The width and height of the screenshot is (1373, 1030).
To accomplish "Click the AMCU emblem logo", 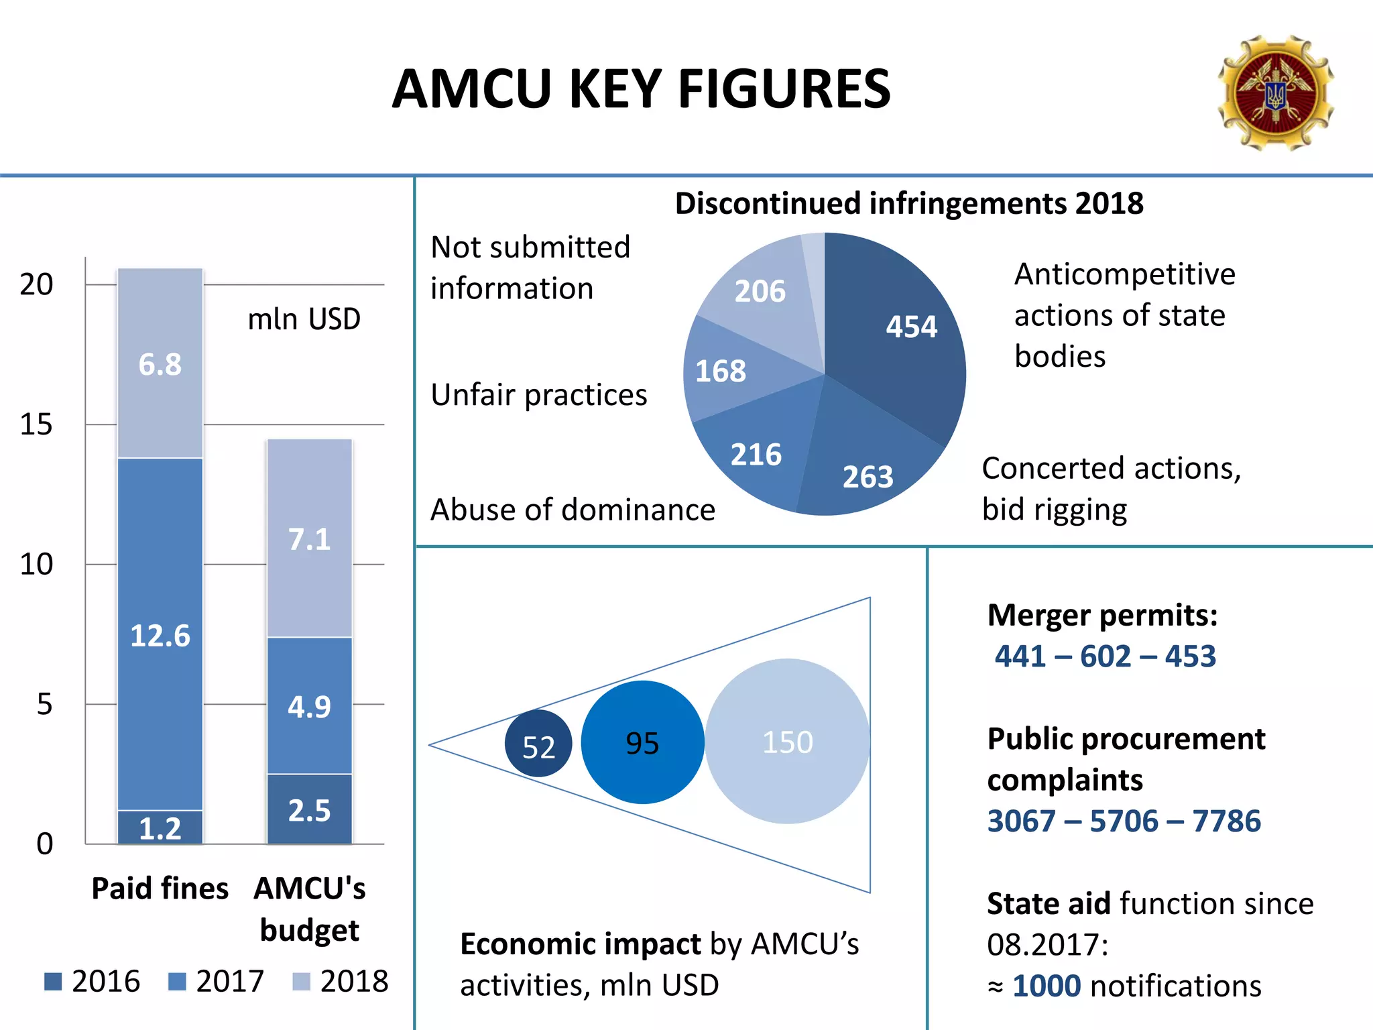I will (1276, 93).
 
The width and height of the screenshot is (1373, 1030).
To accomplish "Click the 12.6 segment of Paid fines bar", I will (160, 634).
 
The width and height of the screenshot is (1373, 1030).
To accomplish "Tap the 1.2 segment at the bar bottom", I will (160, 828).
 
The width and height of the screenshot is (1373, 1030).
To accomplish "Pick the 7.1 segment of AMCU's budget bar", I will (309, 538).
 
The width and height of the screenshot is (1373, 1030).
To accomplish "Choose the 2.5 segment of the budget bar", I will (309, 809).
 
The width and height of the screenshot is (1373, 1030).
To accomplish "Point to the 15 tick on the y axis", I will (36, 424).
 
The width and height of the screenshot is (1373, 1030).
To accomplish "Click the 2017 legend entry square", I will (177, 982).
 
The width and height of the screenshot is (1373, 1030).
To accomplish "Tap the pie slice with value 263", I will (865, 463).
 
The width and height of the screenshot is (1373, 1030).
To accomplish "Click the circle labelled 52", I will (538, 744).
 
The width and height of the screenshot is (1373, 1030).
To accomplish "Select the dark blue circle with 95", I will (642, 742).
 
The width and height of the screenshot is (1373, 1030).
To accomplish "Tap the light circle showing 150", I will (788, 742).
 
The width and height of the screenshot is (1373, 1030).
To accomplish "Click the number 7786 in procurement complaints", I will (1227, 821).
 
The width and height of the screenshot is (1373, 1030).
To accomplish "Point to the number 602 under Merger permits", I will (1106, 656).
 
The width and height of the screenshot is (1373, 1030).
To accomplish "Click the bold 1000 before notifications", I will (1047, 986).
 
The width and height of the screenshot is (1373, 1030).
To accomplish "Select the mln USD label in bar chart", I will (304, 319).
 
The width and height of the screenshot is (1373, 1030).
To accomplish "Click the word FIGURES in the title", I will (784, 89).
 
